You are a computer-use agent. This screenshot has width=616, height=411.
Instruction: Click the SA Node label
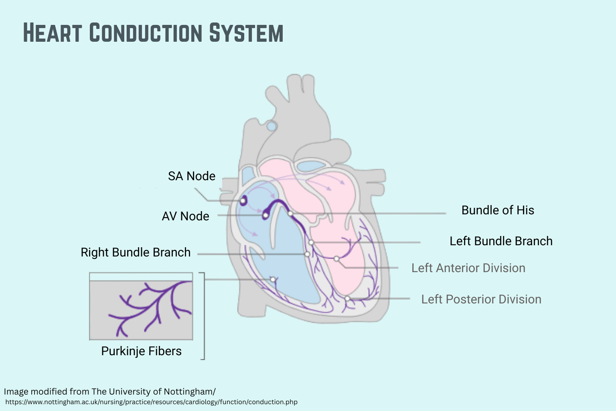tap(191, 176)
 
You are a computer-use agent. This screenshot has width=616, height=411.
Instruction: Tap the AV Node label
tap(185, 216)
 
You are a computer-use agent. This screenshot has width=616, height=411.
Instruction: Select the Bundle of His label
tap(498, 210)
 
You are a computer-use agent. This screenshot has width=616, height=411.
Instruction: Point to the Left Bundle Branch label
tap(501, 241)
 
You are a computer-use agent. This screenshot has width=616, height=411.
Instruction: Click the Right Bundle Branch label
tap(136, 252)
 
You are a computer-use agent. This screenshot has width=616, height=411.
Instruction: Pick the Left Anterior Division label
tap(468, 268)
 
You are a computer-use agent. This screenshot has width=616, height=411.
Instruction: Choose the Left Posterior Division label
tap(481, 299)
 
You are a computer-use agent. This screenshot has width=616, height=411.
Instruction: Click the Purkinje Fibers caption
tap(141, 351)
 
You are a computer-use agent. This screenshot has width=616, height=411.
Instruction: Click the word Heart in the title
tap(53, 33)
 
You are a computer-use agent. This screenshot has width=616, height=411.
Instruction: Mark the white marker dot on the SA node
tap(243, 200)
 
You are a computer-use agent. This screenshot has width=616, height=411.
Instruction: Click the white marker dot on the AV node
tap(265, 216)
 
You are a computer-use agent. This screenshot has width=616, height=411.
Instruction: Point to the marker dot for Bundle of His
tap(290, 214)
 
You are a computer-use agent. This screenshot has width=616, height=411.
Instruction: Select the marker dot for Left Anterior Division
tap(336, 258)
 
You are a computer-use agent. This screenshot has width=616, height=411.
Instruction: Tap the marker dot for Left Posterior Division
tap(347, 298)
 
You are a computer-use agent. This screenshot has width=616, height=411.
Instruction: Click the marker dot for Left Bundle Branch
tap(311, 242)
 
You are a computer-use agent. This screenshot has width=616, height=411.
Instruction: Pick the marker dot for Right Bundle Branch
tap(307, 254)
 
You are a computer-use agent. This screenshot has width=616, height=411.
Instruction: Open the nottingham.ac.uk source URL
tap(151, 402)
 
